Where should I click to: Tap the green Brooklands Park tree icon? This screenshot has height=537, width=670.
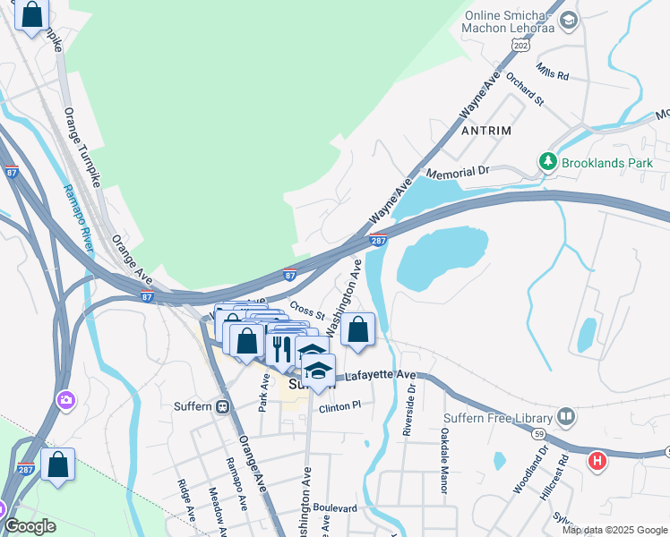[x=548, y=161]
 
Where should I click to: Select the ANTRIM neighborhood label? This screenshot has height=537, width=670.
[x=485, y=131]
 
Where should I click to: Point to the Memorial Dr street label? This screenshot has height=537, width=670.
[x=458, y=170]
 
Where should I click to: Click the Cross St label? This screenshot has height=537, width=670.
[x=306, y=310]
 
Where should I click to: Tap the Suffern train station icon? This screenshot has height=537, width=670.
[x=222, y=405]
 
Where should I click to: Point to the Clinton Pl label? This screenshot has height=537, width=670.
[x=339, y=407]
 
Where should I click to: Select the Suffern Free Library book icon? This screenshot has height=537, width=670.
[x=565, y=416]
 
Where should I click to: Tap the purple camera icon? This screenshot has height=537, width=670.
[x=64, y=399]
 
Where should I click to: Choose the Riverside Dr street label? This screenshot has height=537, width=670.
[x=409, y=411]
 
